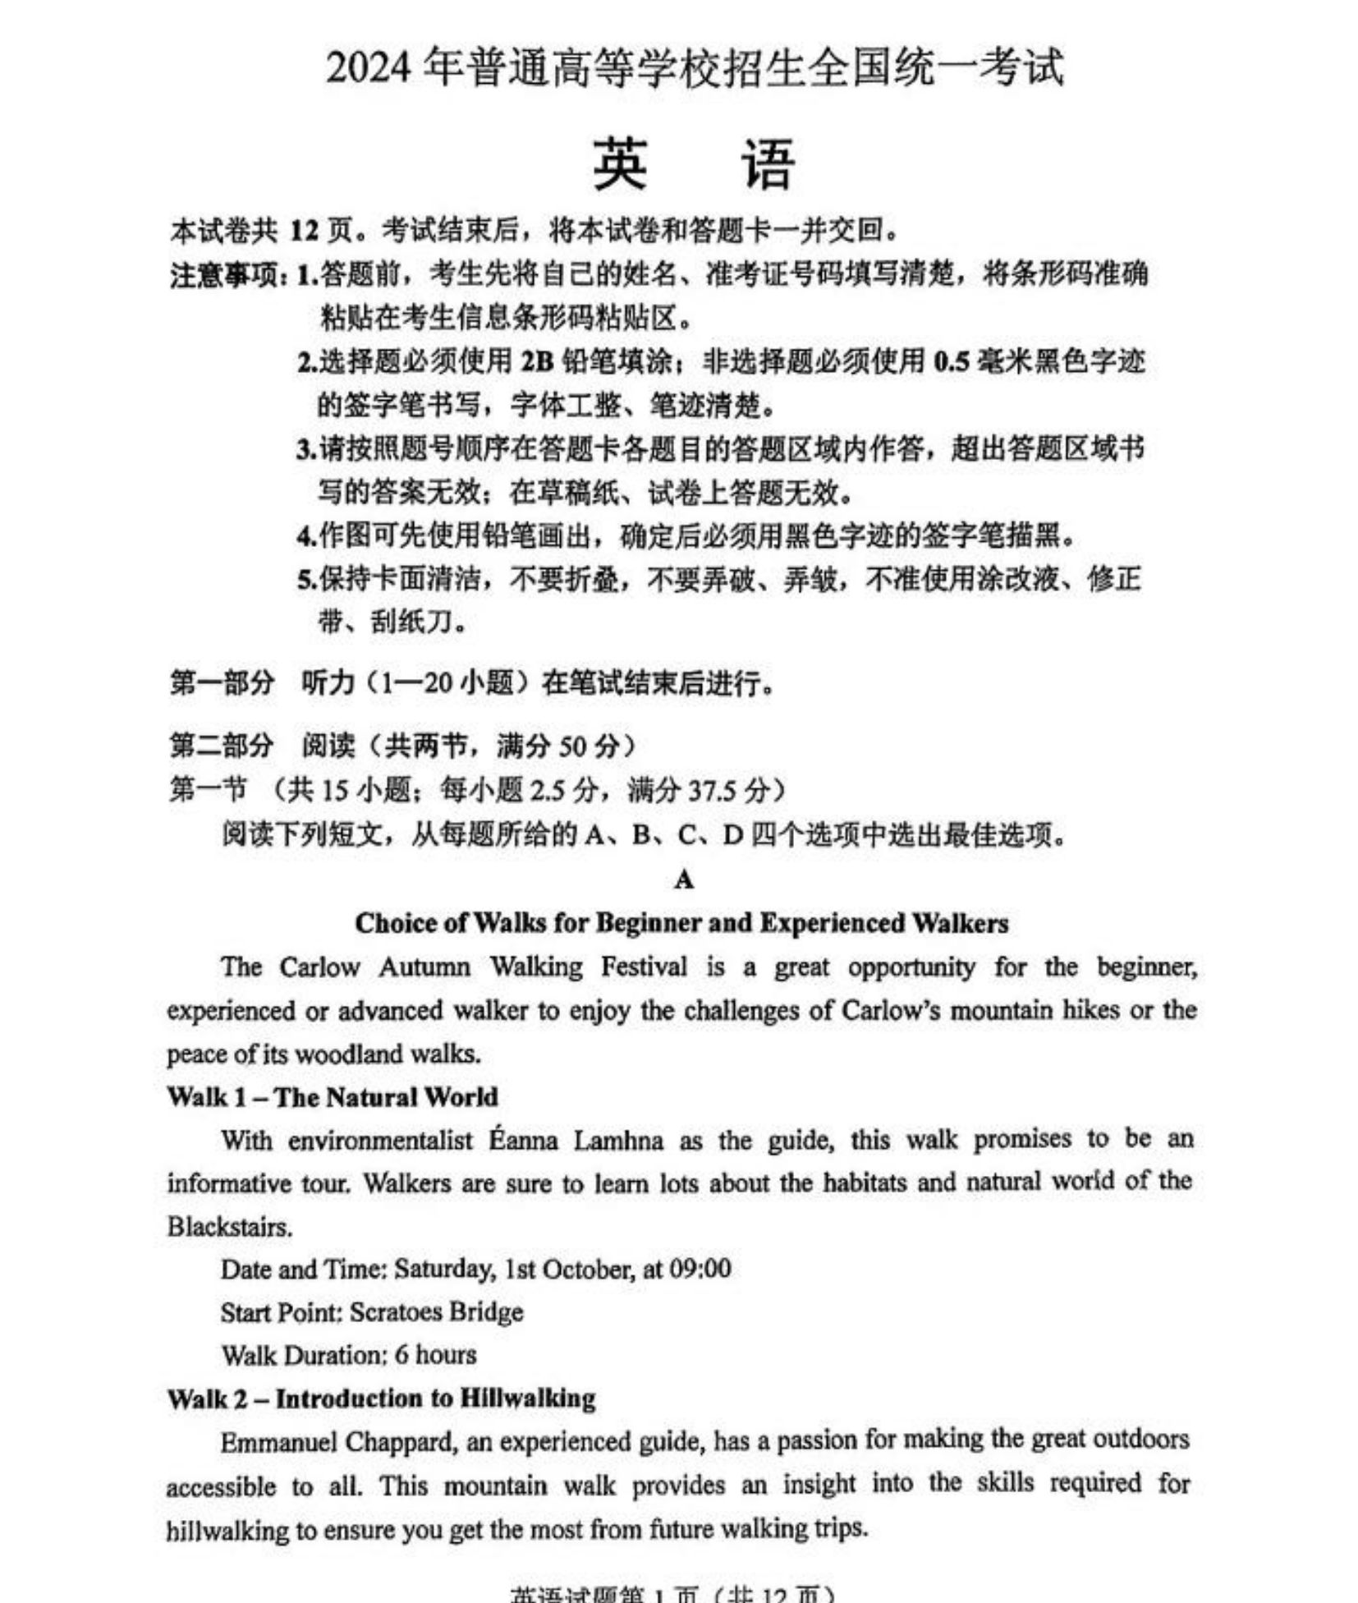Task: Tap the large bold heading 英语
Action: tap(694, 164)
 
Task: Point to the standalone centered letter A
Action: tap(684, 880)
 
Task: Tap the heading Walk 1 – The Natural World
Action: tap(333, 1097)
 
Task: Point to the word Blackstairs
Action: tap(230, 1227)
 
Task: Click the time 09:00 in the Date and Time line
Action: tap(700, 1269)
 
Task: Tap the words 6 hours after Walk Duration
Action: tap(435, 1355)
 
